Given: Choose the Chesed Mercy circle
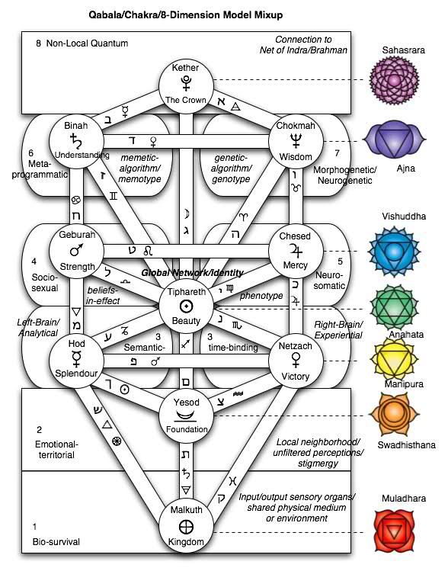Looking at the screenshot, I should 295,252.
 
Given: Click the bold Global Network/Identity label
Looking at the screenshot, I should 192,273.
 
